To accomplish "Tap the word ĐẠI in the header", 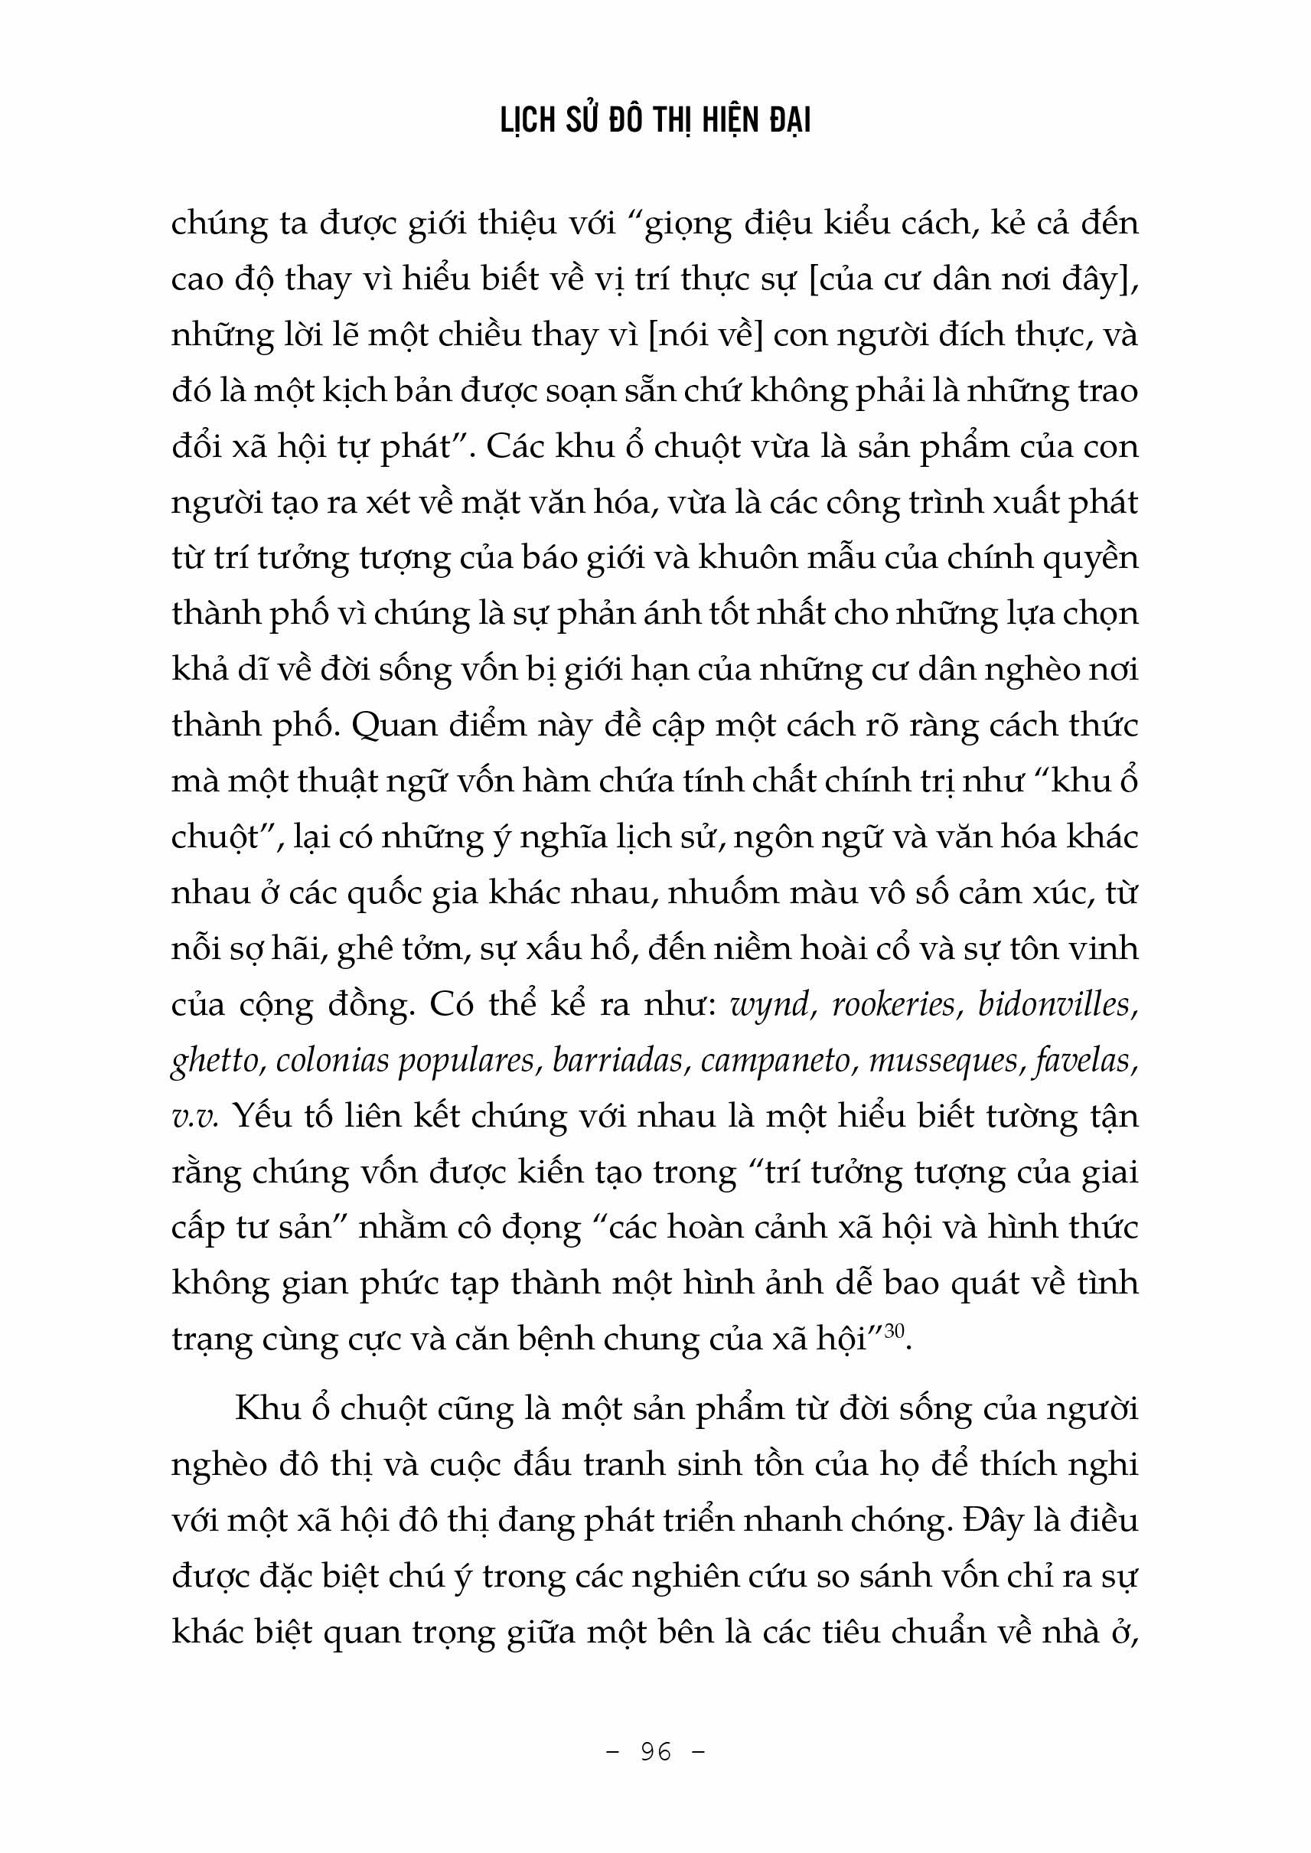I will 784,121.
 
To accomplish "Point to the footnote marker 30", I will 894,1329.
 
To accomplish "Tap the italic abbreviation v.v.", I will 194,1117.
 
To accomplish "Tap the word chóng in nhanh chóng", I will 896,1520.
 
